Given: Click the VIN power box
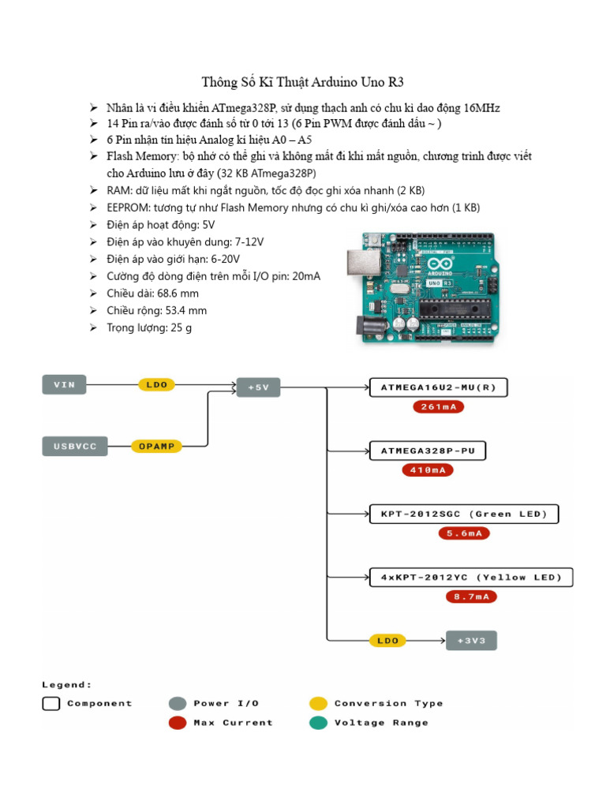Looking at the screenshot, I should click(x=64, y=385).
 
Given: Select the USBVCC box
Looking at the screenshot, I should click(x=74, y=447).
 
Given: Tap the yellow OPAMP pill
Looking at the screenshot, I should click(x=156, y=446).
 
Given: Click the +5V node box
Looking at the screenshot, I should click(x=258, y=387).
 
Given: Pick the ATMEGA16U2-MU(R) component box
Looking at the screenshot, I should click(x=439, y=387).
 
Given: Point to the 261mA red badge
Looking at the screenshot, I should click(x=438, y=407).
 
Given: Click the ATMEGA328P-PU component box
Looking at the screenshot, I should click(x=428, y=451).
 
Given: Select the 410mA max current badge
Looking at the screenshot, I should click(x=428, y=470).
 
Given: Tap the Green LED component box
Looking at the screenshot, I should click(x=464, y=514).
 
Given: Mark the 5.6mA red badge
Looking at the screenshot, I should click(x=464, y=533).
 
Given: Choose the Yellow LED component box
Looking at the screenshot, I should click(x=471, y=578).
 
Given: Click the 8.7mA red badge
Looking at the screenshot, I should click(x=471, y=597).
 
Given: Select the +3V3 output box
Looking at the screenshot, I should click(x=472, y=640).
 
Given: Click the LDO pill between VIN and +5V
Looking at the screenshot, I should click(x=156, y=385).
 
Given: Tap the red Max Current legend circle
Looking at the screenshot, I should click(x=178, y=723).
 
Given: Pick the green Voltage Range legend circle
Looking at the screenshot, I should click(x=318, y=723).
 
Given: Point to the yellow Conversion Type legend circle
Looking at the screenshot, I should click(x=318, y=703).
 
